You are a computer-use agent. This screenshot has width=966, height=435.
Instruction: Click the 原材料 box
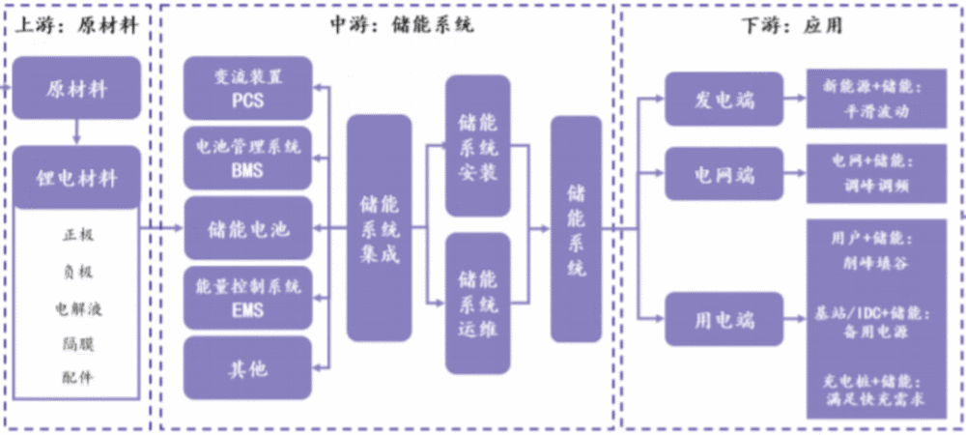tap(76, 88)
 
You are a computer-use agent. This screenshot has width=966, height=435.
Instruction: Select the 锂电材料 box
tap(76, 178)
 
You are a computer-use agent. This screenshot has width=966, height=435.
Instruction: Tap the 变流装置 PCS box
tap(247, 88)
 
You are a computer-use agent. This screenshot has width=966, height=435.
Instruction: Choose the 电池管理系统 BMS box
tap(247, 159)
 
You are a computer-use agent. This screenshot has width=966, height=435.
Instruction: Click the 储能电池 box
tap(247, 228)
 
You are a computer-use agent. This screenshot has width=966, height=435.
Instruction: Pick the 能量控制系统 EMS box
tap(247, 298)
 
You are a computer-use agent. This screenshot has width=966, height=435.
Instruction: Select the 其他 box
tap(247, 368)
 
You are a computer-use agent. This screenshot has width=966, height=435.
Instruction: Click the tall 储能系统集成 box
tap(379, 228)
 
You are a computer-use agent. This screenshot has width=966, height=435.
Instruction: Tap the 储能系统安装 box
tap(478, 146)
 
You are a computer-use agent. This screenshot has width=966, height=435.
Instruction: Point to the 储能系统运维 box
tap(478, 304)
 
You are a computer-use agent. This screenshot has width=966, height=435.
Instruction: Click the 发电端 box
tap(724, 99)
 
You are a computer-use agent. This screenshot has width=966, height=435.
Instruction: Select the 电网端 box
tap(724, 174)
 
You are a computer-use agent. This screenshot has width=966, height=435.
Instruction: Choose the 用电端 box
tap(724, 319)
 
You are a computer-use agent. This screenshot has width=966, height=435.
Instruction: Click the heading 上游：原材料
tap(76, 26)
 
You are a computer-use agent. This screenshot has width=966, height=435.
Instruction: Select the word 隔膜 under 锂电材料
tap(78, 342)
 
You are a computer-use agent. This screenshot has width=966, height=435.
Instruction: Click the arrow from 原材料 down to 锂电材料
tap(76, 132)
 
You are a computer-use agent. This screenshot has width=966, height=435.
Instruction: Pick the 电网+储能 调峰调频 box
tap(877, 174)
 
